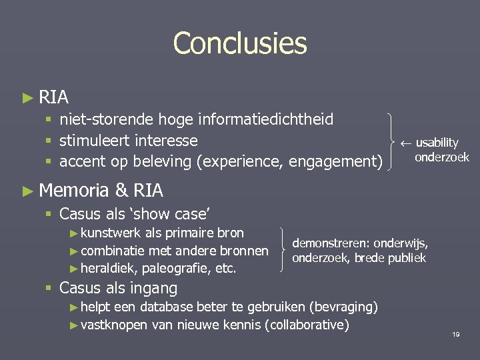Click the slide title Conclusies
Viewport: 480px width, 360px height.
point(240,44)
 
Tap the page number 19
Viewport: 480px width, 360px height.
point(456,333)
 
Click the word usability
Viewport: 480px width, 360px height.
point(437,143)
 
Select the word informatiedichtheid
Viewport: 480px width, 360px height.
point(269,120)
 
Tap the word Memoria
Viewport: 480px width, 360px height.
point(74,191)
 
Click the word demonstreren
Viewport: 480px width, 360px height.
point(328,244)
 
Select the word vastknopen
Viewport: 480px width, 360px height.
point(114,325)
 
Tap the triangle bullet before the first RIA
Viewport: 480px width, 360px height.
point(27,98)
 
